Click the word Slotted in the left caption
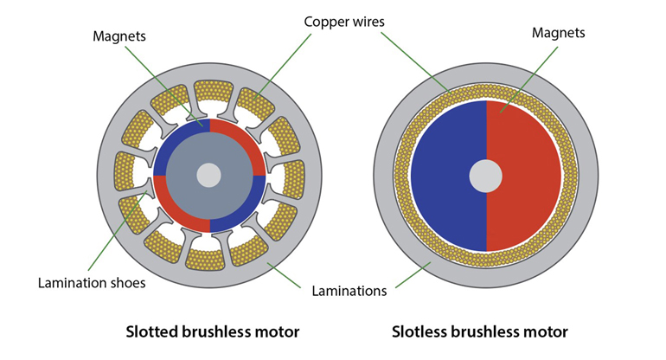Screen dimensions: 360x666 click(x=153, y=331)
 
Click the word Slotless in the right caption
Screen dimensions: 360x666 click(x=420, y=331)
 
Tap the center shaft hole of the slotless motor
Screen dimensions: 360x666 click(x=485, y=177)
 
